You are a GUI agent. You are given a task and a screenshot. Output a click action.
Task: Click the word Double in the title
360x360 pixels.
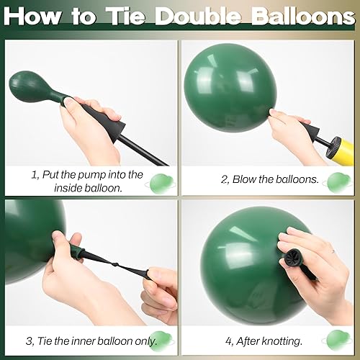click(x=199, y=16)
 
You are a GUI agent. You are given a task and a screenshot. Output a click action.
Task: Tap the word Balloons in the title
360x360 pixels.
click(x=303, y=16)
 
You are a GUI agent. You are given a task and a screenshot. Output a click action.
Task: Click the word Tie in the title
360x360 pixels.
click(x=126, y=16)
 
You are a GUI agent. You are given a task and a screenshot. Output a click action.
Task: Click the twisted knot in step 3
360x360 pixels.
click(x=115, y=265)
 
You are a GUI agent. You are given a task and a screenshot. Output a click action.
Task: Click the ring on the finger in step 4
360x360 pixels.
click(x=333, y=251)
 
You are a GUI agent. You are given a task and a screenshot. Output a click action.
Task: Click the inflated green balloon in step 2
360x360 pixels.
click(x=230, y=89)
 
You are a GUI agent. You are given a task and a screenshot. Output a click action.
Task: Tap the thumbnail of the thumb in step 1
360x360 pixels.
click(x=68, y=102)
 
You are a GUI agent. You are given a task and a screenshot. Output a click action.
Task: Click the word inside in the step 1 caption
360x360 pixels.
click(x=68, y=188)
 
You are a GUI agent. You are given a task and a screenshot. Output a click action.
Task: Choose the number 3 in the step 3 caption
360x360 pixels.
click(x=29, y=341)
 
